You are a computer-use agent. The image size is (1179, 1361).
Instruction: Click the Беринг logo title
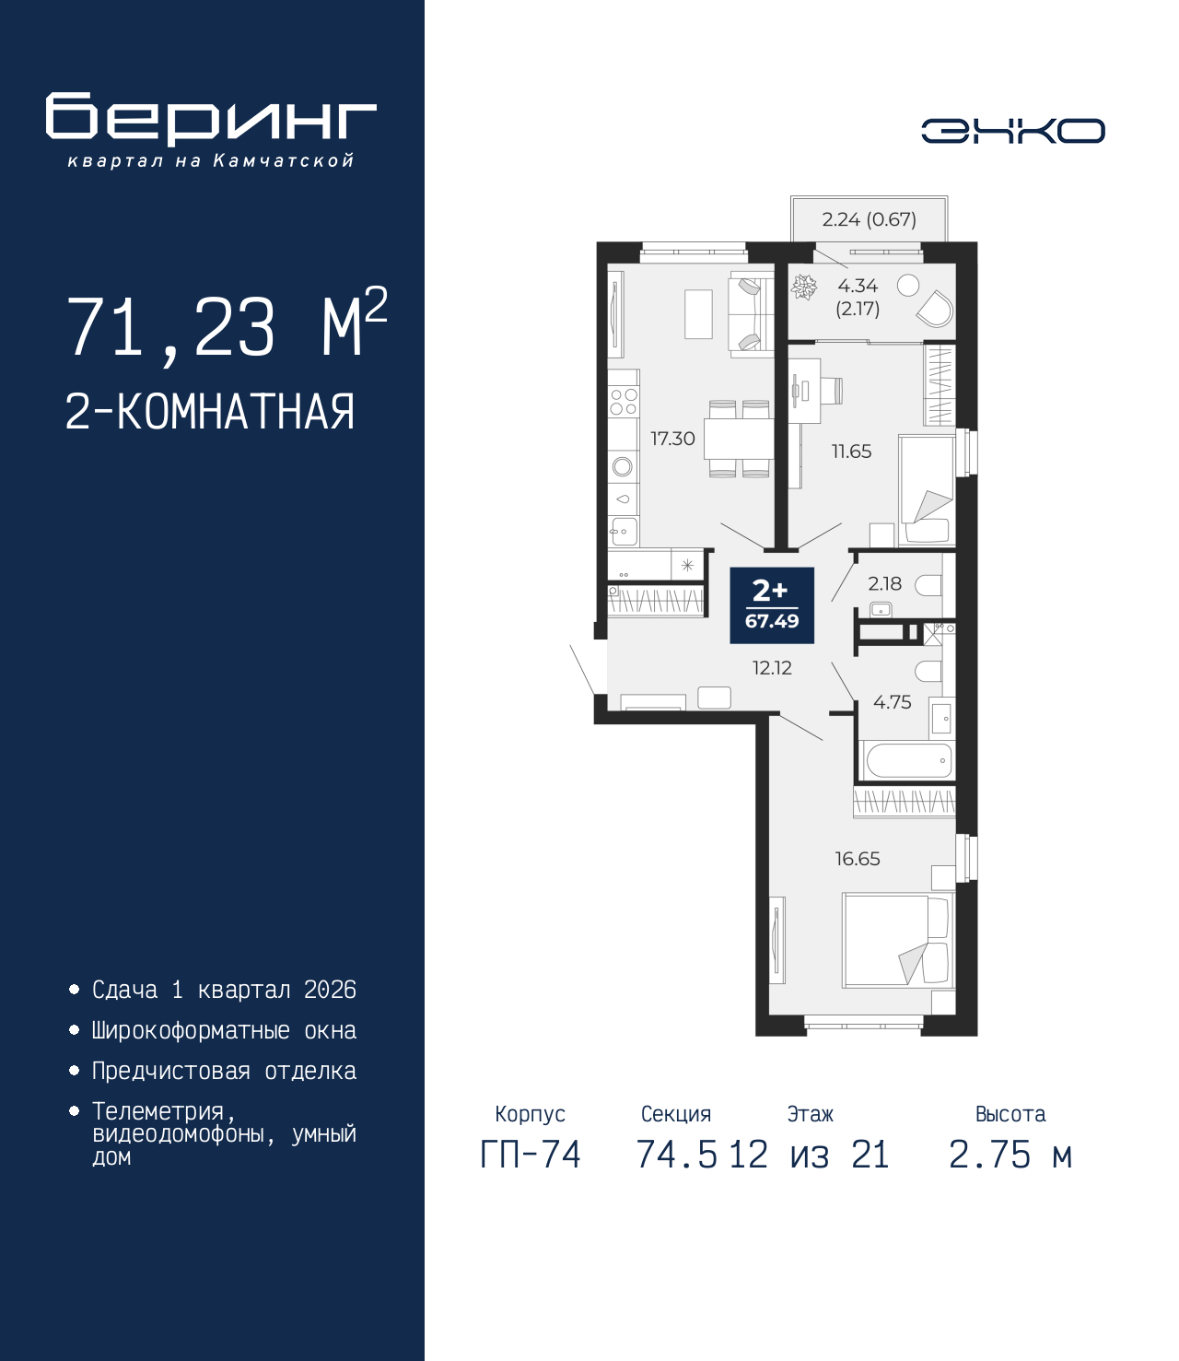(x=211, y=119)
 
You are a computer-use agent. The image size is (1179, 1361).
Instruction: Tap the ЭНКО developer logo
(x=1012, y=131)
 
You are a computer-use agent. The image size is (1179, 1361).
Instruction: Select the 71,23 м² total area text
(x=227, y=326)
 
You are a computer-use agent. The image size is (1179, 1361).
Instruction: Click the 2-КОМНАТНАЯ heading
(x=210, y=412)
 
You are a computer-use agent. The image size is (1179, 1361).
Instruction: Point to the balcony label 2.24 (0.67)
(x=869, y=219)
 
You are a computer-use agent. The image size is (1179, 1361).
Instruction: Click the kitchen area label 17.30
(x=672, y=439)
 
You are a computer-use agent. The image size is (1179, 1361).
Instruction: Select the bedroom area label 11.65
(x=851, y=452)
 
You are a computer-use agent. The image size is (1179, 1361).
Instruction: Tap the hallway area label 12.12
(x=772, y=668)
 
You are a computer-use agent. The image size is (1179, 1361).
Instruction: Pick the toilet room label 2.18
(x=884, y=583)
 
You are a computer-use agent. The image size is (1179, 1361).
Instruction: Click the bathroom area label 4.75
(x=892, y=702)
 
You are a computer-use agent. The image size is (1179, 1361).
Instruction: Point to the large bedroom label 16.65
(x=857, y=859)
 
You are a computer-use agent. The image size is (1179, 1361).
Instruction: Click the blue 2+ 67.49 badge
(x=772, y=604)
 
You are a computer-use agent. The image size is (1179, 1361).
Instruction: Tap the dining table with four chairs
(x=739, y=440)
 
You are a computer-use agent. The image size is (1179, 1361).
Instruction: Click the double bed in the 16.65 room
(x=896, y=941)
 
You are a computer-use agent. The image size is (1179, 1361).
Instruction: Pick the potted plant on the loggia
(x=804, y=287)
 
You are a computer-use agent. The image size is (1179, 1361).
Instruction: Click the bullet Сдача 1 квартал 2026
(x=224, y=990)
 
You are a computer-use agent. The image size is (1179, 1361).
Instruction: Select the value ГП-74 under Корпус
(x=531, y=1155)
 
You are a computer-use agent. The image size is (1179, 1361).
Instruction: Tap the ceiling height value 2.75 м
(x=1010, y=1155)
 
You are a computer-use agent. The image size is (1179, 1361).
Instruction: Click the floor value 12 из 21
(x=810, y=1155)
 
